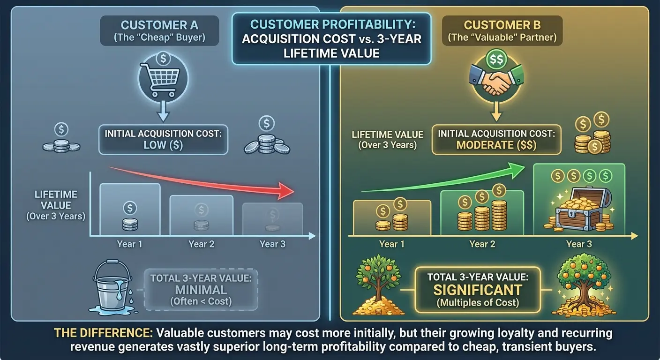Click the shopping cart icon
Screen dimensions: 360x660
click(x=163, y=80)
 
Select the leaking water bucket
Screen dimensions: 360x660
click(x=110, y=287)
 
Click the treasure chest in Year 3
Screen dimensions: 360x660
click(x=579, y=210)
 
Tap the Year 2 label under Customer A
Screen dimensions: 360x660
click(x=201, y=244)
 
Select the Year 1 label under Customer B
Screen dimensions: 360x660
click(x=391, y=244)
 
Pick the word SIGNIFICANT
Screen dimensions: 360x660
click(x=478, y=290)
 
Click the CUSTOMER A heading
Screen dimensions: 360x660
click(x=159, y=25)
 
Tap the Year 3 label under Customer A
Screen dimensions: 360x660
click(x=272, y=244)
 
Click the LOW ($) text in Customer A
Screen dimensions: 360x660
click(x=163, y=145)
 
